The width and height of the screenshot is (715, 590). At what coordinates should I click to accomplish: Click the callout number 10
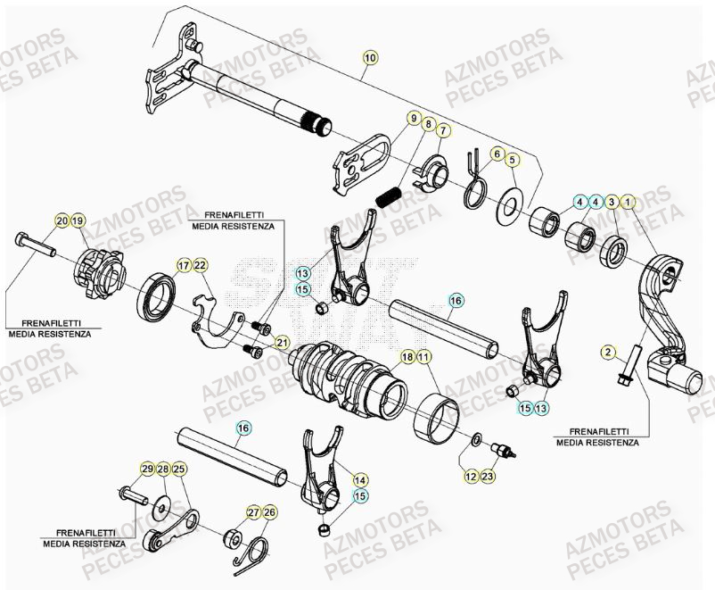[370, 58]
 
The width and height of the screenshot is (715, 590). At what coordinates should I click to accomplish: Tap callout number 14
[360, 479]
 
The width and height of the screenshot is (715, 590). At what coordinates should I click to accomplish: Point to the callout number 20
[62, 220]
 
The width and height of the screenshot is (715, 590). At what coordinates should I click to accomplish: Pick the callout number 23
[489, 478]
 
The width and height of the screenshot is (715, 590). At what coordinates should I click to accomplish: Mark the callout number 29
[147, 469]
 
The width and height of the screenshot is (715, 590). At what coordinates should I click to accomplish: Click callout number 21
[282, 342]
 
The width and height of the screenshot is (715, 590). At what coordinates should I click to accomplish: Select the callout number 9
[414, 118]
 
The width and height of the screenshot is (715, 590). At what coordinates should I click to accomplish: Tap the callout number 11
[423, 357]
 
